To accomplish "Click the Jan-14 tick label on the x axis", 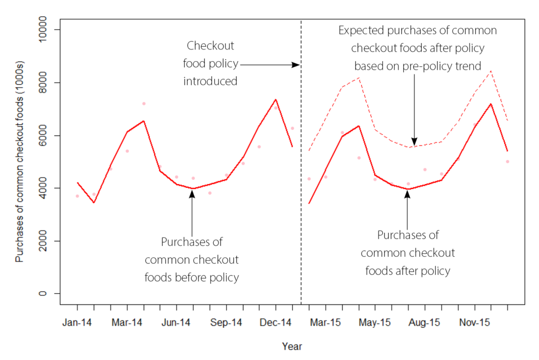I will tap(77, 322).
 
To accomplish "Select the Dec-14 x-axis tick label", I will tap(275, 322).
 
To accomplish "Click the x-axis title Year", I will tap(292, 347).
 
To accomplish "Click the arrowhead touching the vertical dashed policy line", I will tap(297, 65).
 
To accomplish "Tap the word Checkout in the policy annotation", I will tap(211, 46).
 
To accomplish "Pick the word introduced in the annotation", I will tap(211, 82).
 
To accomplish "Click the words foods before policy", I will tap(192, 277).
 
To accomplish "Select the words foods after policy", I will tap(407, 271).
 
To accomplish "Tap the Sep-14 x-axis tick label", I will tap(226, 322).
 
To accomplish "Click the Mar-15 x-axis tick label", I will tap(325, 322).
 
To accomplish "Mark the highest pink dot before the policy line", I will tap(144, 104).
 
